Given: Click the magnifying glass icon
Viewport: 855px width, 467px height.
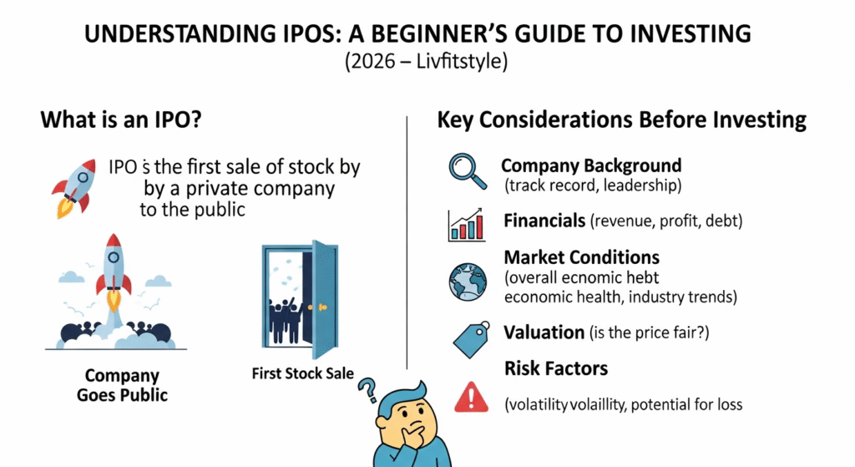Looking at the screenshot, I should pos(465,170).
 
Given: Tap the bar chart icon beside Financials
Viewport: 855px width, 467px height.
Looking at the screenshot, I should pos(467,225).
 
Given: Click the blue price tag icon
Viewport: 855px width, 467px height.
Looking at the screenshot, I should pos(469,337).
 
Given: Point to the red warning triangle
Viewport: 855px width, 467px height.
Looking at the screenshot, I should pos(468,398).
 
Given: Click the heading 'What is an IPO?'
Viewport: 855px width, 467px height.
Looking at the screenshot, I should pos(122,119).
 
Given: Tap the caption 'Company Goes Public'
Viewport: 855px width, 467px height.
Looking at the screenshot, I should pos(123,385).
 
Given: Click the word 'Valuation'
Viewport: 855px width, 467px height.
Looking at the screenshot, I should pos(544,332).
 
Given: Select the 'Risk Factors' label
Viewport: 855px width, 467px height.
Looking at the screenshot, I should pos(555,368).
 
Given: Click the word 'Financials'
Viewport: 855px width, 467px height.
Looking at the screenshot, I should pos(544,221).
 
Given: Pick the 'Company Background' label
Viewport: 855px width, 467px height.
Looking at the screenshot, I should pos(591,165).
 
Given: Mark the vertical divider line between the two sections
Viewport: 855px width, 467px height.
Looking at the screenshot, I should pos(407,242).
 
